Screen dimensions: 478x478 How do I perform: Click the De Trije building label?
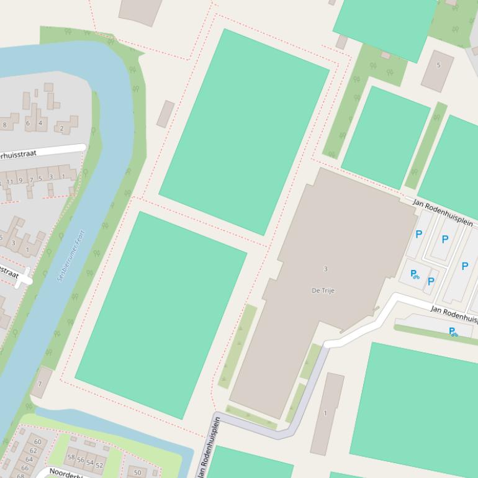[x=323, y=291]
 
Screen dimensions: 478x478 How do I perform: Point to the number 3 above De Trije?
[x=325, y=269]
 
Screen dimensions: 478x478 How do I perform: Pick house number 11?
[x=9, y=181]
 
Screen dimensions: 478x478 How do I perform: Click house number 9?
[x=20, y=181]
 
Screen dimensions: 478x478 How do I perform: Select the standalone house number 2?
[x=61, y=129]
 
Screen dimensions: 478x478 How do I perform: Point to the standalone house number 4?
[x=40, y=123]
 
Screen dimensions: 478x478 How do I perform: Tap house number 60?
[x=37, y=442]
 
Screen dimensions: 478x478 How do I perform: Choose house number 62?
[x=34, y=451]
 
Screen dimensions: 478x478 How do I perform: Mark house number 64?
[x=29, y=459]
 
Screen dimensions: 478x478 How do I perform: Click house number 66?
[x=25, y=467]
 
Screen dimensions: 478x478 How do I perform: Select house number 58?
[x=71, y=458]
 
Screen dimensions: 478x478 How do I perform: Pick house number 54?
[x=90, y=463]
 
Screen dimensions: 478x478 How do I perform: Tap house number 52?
[x=99, y=466]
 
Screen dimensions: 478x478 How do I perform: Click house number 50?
[x=138, y=473]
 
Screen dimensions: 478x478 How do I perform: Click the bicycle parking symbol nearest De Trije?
[x=415, y=274]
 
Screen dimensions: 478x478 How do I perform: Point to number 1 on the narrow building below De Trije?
[x=325, y=413]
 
